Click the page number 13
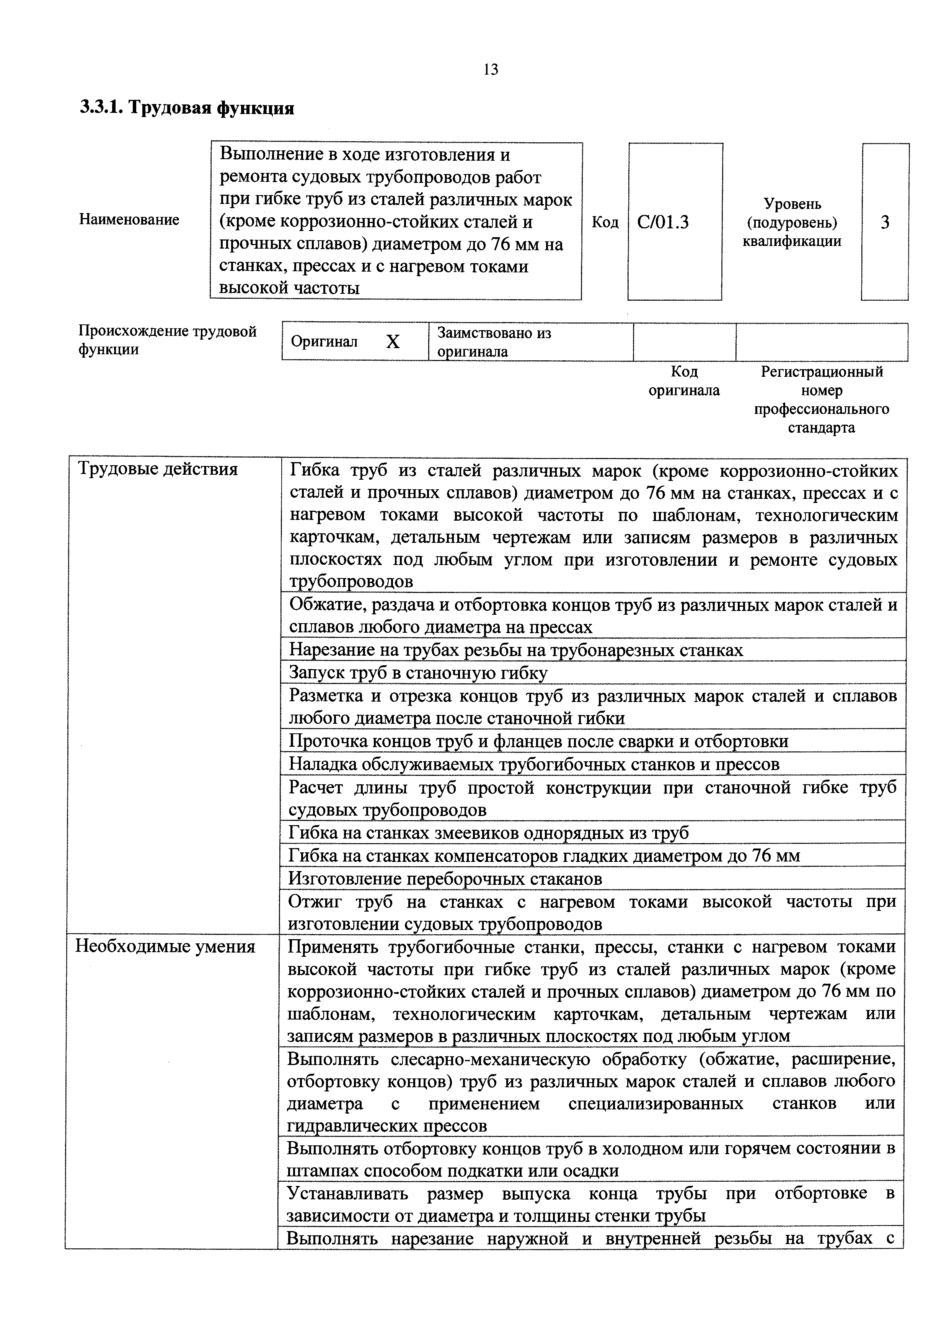click(491, 70)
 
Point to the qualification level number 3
click(885, 222)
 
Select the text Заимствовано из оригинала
click(494, 342)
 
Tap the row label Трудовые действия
click(158, 469)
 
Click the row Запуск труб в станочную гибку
click(418, 673)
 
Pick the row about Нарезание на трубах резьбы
click(516, 650)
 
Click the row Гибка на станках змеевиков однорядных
click(489, 832)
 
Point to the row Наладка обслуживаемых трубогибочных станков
click(534, 764)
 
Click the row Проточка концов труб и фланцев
click(538, 741)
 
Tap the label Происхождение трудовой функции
click(167, 340)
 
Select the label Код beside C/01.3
click(605, 222)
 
